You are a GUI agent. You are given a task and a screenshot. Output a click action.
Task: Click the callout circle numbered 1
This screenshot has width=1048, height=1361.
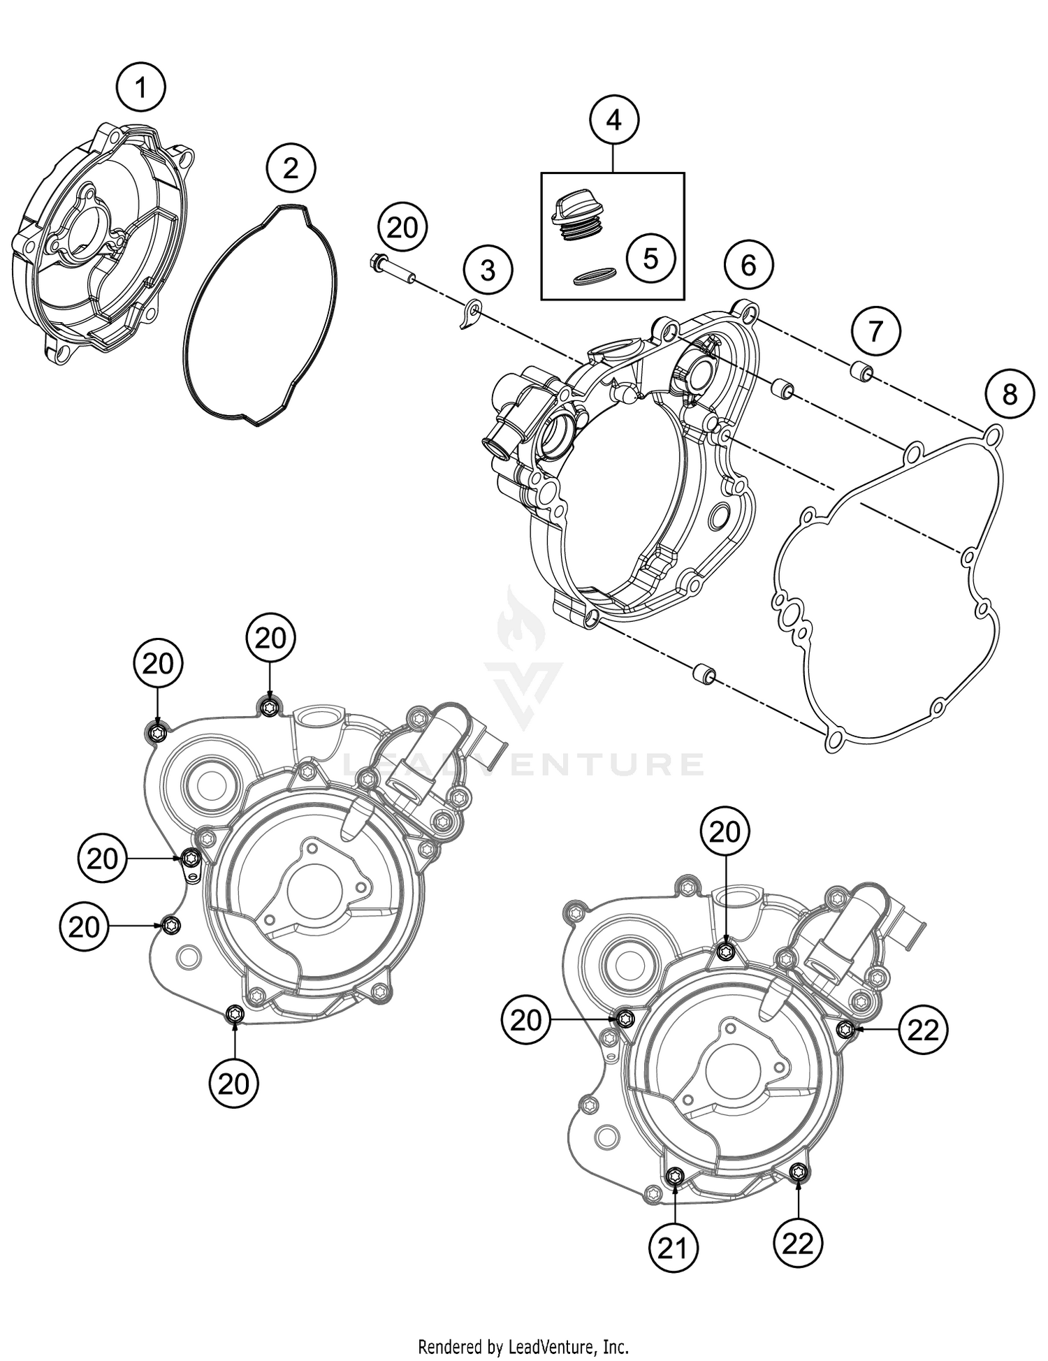click(x=141, y=88)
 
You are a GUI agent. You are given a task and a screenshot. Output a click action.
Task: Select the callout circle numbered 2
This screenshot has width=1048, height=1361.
click(x=291, y=168)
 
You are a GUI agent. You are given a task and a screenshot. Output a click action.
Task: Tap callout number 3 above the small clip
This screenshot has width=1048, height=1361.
click(x=488, y=269)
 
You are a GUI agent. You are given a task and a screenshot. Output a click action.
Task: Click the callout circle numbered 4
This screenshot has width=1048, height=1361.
click(x=613, y=120)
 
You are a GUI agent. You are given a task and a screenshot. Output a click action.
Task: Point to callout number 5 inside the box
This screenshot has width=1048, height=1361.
click(x=650, y=259)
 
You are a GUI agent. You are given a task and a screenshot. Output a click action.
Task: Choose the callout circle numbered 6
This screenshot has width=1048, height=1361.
click(x=748, y=265)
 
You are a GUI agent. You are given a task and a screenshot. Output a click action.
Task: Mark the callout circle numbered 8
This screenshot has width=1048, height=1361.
click(x=1010, y=395)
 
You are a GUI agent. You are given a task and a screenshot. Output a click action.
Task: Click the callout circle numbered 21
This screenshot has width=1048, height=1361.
click(x=674, y=1247)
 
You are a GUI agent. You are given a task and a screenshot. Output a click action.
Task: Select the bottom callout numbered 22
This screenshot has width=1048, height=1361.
click(x=798, y=1243)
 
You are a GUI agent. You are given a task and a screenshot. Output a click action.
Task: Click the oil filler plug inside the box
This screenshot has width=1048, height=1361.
click(x=576, y=217)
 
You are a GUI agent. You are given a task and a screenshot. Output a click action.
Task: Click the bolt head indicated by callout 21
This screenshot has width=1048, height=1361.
click(x=675, y=1176)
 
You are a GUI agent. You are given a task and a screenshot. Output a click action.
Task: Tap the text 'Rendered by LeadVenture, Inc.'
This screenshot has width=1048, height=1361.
click(x=523, y=1345)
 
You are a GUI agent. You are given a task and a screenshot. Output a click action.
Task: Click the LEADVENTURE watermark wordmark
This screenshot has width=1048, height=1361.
click(x=524, y=764)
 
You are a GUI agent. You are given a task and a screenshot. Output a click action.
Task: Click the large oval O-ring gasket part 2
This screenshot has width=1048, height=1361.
click(x=262, y=314)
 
